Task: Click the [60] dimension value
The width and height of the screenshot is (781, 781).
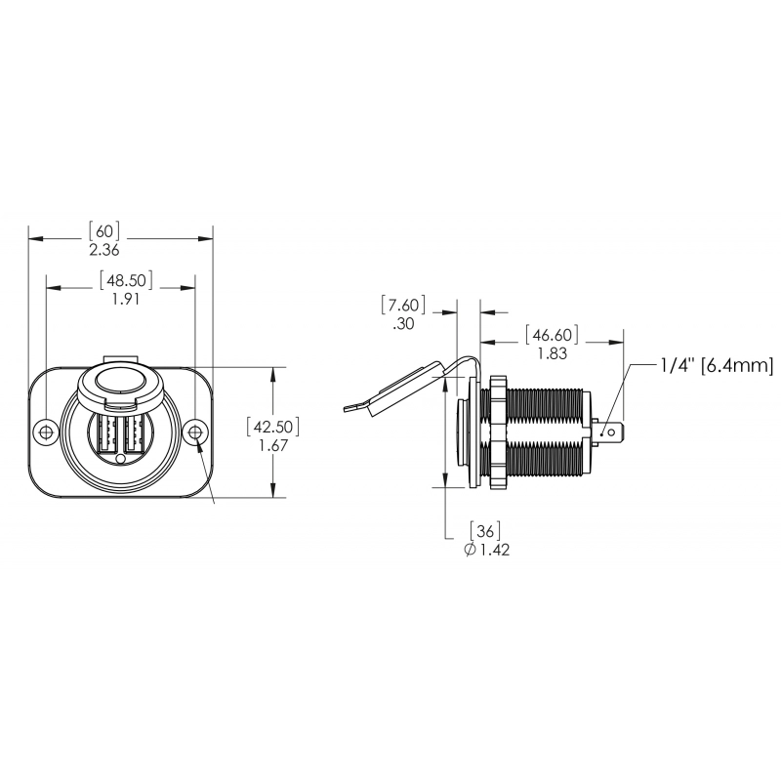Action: tap(104, 231)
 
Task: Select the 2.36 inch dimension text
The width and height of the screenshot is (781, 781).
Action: tap(104, 250)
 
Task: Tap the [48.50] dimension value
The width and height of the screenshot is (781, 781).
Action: tap(126, 280)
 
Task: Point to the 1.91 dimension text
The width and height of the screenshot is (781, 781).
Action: tap(126, 299)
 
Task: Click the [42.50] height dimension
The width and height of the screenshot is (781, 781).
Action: tap(273, 427)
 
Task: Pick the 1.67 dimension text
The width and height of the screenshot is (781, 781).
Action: tap(273, 445)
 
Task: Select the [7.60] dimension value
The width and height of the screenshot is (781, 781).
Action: tap(403, 305)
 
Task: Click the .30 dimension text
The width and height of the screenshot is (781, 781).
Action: tap(403, 324)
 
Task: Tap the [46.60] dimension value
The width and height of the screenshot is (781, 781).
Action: tap(553, 334)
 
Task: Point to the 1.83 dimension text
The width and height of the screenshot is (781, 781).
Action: tap(553, 353)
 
